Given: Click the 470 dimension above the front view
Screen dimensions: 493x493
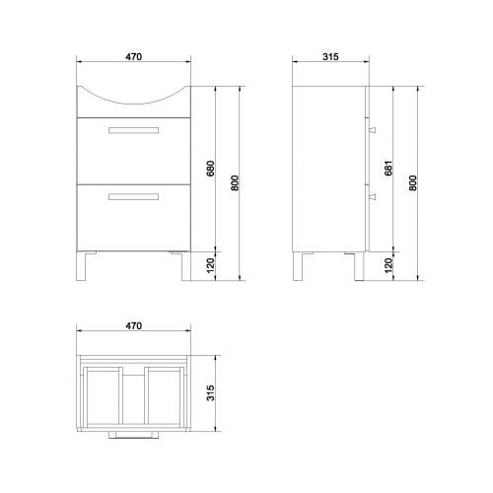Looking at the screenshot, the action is tap(134, 57).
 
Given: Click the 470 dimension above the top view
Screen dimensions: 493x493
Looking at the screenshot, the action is tap(134, 325).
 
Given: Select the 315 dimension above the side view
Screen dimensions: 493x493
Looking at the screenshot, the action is tap(330, 57).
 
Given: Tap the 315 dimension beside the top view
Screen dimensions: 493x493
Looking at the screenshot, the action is tap(210, 392).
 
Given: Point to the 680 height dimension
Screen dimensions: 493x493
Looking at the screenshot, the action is tap(210, 169).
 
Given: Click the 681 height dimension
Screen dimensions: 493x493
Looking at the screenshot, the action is tap(388, 169).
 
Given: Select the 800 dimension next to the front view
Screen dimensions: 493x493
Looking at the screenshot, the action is tap(235, 183).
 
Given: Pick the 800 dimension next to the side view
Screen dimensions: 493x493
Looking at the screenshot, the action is tap(413, 183).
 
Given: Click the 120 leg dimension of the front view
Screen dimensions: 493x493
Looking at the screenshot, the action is tap(210, 265).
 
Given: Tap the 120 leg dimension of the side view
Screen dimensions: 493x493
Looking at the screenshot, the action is tap(388, 265).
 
